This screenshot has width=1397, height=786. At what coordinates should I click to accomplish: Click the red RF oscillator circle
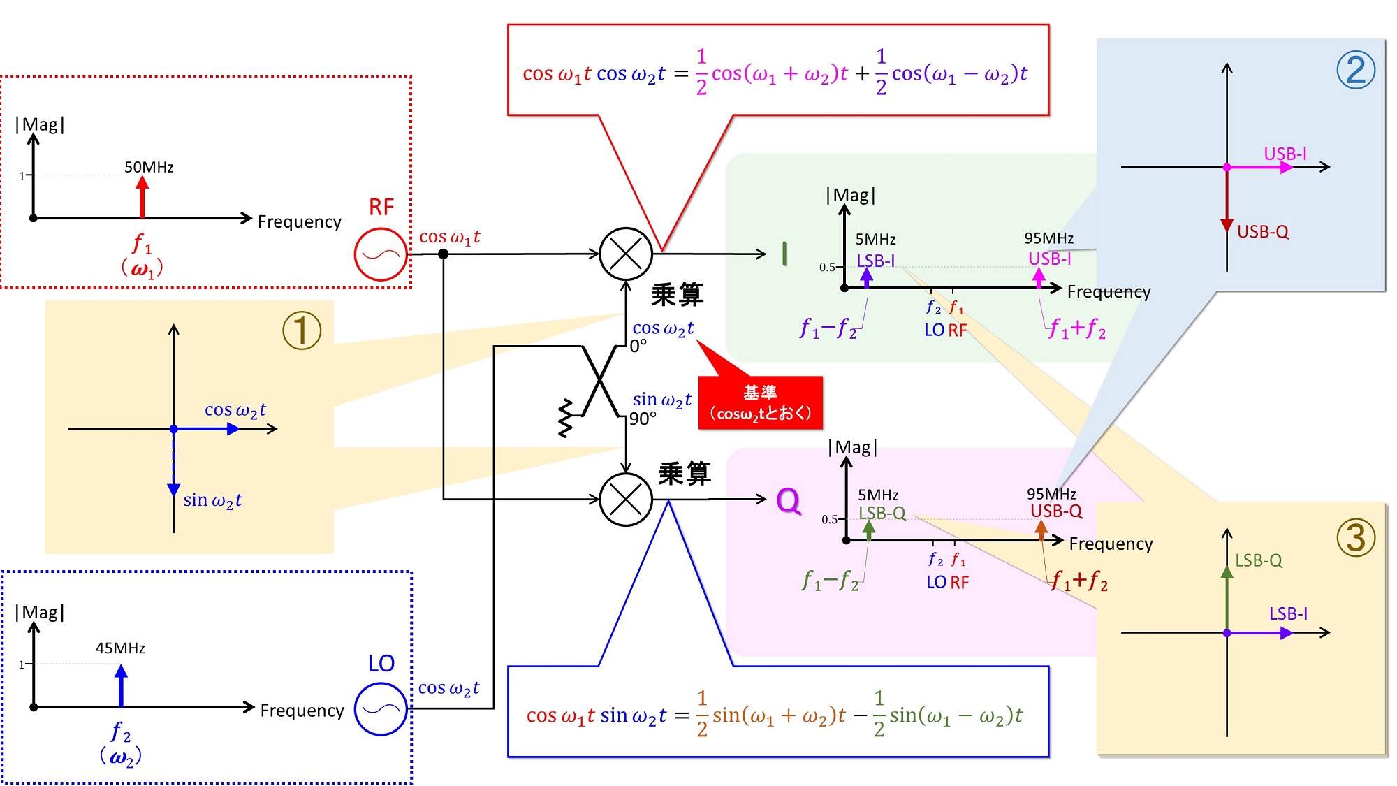coord(381,254)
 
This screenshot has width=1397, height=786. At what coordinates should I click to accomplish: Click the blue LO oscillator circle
coord(381,709)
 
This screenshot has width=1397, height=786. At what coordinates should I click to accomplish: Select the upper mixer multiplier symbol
coord(626,254)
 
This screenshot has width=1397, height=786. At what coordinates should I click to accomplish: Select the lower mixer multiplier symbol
coord(626,500)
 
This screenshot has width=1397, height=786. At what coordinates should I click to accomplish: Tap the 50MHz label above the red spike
coord(149,167)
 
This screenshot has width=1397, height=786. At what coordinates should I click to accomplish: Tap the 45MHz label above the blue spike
coord(120,648)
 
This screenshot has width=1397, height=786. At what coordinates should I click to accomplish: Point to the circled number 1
coord(302,330)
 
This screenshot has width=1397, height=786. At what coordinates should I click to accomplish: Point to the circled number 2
coord(1356,70)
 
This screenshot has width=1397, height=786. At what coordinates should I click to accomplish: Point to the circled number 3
coord(1356,538)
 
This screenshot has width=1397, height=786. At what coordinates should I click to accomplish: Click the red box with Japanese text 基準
coord(761,402)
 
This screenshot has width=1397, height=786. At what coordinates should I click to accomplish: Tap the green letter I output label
coord(784,254)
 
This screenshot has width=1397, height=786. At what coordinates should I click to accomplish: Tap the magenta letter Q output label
coord(789,501)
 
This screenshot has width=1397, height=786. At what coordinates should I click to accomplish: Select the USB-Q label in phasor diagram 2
coord(1263,232)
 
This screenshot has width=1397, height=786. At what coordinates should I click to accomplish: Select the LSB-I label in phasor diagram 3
coord(1288,613)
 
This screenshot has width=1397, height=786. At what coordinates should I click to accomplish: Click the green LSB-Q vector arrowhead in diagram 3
coord(1227,572)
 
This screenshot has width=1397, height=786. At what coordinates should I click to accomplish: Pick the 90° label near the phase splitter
coord(643,419)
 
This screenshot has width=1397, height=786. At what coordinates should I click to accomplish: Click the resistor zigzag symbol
coord(566,418)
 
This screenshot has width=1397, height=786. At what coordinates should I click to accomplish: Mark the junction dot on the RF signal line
coord(443,254)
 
